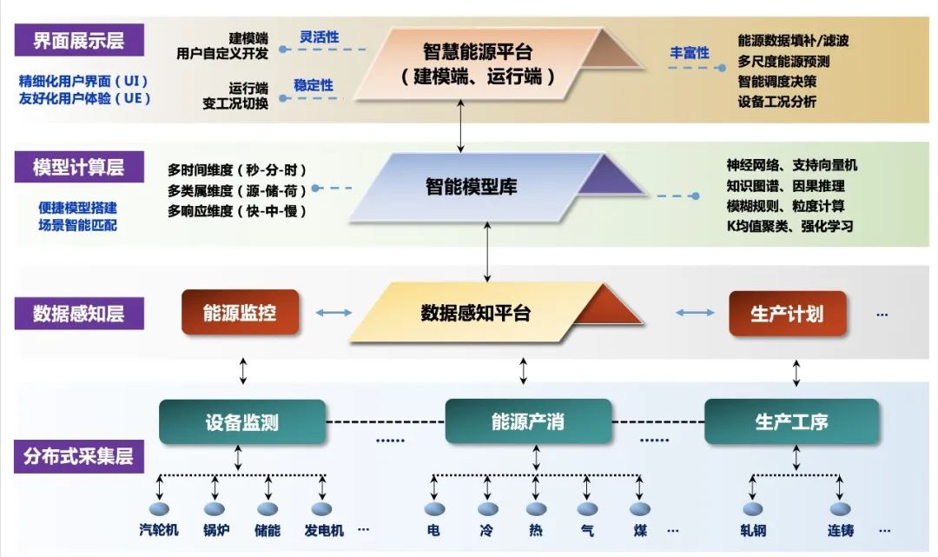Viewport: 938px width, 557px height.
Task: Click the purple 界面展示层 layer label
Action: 78,41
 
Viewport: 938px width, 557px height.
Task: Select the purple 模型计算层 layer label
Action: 78,168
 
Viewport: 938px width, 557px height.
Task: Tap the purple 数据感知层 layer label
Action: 78,314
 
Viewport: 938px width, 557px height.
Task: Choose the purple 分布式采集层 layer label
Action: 78,455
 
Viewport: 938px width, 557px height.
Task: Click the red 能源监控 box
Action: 240,312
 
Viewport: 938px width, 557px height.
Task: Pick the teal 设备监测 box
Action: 242,422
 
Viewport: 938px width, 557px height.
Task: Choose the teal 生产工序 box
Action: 791,422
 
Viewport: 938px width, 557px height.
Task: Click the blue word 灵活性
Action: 320,37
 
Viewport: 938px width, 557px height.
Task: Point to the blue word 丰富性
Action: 690,53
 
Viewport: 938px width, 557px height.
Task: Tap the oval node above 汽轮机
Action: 159,509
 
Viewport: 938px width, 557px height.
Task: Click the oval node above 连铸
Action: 840,509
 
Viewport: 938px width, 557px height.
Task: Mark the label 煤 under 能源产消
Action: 641,529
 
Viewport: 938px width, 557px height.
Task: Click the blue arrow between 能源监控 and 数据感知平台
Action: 334,313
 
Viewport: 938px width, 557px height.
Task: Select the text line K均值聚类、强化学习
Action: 789,226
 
